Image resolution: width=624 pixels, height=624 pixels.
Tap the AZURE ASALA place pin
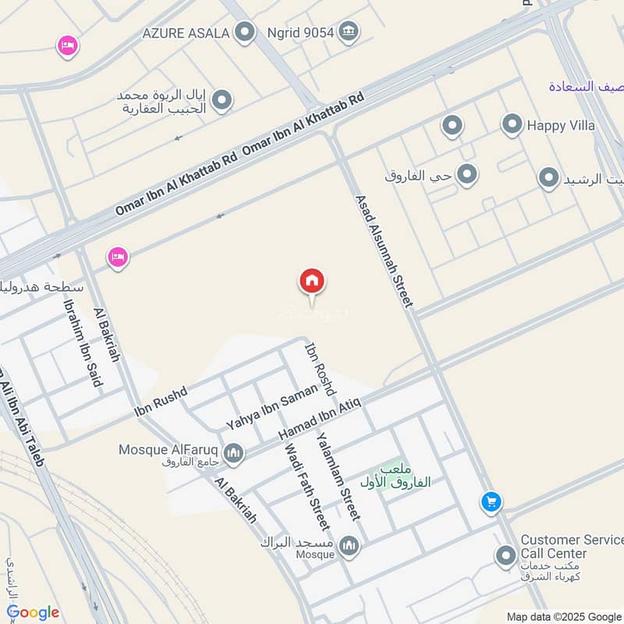(246, 33)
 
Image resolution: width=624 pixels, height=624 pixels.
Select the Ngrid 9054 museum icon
(349, 32)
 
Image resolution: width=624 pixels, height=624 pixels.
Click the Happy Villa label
(561, 125)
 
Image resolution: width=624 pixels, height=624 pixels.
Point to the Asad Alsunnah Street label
(383, 250)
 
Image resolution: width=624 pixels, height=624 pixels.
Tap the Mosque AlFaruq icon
(233, 452)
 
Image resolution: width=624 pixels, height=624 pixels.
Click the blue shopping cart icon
(491, 502)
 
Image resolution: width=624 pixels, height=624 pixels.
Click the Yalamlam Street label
(337, 476)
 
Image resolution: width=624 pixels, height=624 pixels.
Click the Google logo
(33, 612)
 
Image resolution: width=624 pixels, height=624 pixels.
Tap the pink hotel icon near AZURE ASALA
(68, 47)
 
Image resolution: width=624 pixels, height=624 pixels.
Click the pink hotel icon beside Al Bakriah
(118, 256)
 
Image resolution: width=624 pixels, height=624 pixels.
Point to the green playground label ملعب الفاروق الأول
(395, 476)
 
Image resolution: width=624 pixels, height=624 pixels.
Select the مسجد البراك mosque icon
(349, 546)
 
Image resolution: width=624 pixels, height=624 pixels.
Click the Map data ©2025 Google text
(562, 616)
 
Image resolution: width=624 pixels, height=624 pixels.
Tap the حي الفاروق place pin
(466, 175)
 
